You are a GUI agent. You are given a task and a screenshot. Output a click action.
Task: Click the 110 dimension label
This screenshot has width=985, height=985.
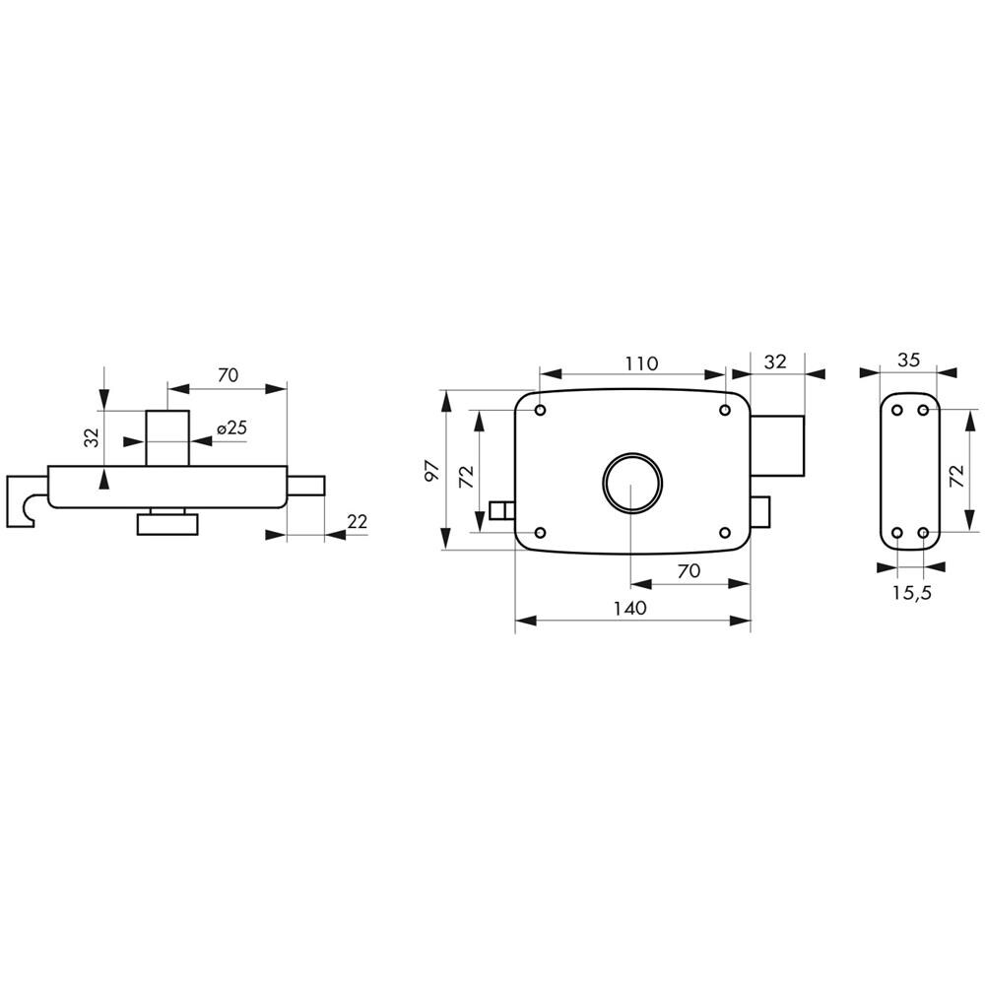(x=641, y=363)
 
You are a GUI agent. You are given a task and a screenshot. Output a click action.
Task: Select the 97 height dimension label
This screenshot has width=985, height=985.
(x=432, y=471)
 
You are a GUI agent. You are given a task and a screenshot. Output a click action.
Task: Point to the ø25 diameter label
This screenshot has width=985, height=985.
(x=231, y=428)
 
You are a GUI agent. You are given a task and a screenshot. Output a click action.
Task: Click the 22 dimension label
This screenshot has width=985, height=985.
(x=357, y=522)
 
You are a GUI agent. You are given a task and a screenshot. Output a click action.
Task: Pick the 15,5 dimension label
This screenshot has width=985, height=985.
(x=912, y=593)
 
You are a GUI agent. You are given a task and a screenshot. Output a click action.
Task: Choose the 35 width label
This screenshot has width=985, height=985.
(x=908, y=360)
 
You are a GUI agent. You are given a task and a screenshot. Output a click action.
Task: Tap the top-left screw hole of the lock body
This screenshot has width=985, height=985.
(x=540, y=410)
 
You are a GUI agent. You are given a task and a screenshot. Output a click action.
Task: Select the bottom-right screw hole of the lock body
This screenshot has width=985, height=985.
(x=724, y=533)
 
